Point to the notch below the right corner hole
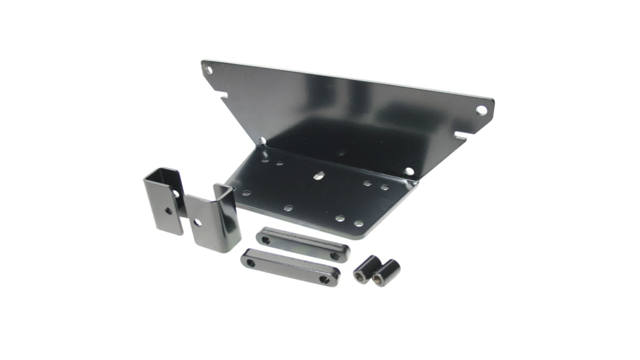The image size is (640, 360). [x=459, y=135]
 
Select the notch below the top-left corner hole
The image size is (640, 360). [x=224, y=96]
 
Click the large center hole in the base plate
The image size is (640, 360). [x=319, y=175]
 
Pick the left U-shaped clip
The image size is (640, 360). [x=164, y=200]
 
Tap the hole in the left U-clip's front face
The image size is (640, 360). [x=168, y=211]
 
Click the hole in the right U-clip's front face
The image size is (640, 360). [x=198, y=223]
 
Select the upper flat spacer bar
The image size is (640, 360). [x=302, y=244]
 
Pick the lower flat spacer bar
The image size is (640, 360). [x=290, y=267]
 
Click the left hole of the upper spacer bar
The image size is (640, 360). [x=265, y=240]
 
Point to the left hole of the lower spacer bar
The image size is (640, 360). [x=250, y=262]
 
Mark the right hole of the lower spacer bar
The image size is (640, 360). [x=324, y=279]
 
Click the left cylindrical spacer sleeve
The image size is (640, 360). [x=366, y=268]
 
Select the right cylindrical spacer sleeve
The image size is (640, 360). [x=386, y=272]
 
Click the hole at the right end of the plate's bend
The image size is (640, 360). [x=409, y=171]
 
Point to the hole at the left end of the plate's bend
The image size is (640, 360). [x=262, y=140]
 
